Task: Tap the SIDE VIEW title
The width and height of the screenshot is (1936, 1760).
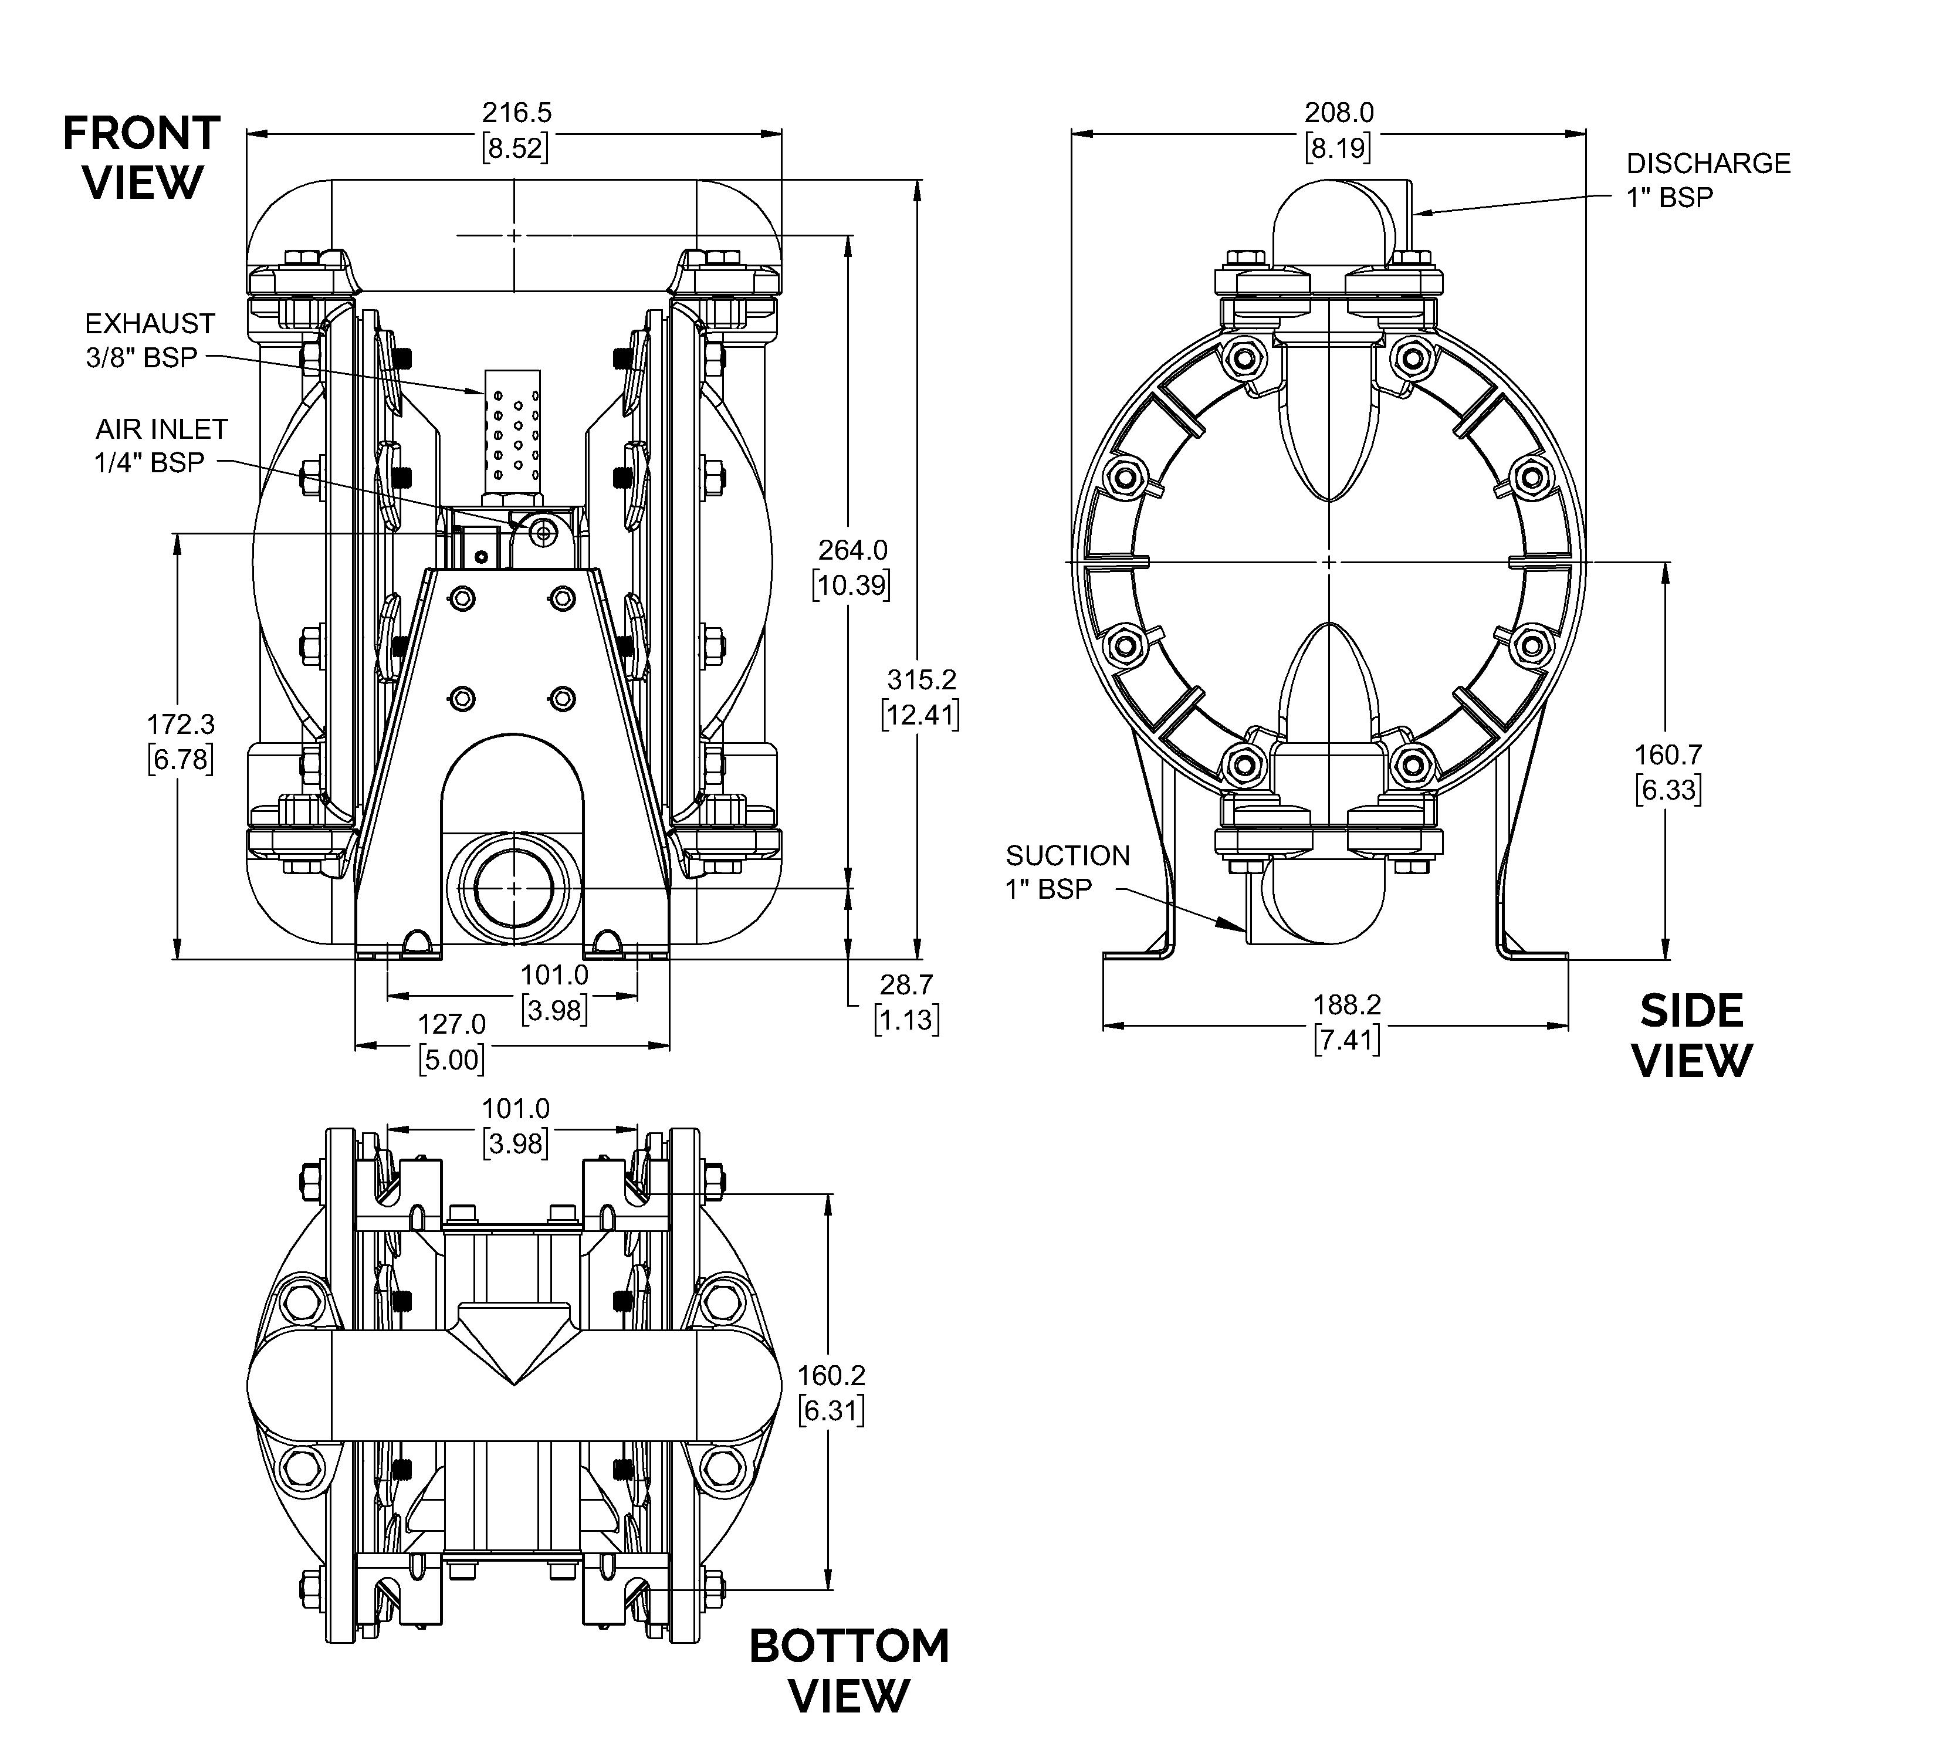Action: (1692, 1036)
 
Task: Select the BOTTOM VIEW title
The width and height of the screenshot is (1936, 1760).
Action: (849, 1671)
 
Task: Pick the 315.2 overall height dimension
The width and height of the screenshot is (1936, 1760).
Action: (922, 680)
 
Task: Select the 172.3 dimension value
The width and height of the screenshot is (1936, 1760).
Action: (181, 724)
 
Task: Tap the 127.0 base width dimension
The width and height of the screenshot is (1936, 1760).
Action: (451, 1024)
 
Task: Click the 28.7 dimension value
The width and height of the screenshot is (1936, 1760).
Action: (906, 984)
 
